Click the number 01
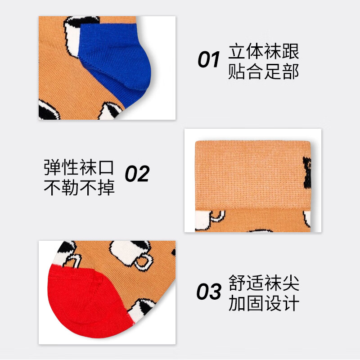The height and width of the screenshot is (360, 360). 208,60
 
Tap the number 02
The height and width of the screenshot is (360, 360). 137,174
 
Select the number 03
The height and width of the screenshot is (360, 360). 209,292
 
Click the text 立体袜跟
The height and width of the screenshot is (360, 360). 264,52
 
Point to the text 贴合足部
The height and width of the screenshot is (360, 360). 264,72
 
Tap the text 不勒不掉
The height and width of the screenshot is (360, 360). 79,187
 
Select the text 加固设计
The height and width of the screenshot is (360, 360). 264,304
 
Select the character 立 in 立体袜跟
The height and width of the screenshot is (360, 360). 237,52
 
